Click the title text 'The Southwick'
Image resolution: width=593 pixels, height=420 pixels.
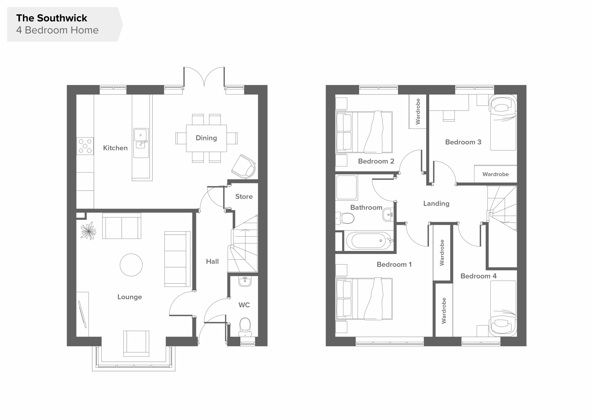coord(52,18)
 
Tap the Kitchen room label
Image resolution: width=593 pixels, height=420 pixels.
coord(115,148)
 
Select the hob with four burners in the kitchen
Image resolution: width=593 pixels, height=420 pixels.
coord(85,146)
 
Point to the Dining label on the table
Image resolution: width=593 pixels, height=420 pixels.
coord(206,138)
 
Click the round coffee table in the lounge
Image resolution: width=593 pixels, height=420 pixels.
coord(131,265)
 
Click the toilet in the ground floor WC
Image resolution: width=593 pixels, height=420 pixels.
coord(245,327)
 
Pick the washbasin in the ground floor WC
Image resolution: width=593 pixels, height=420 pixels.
coord(245,281)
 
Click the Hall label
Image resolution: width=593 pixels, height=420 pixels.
coord(212,261)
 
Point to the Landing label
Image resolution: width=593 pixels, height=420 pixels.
coord(436,204)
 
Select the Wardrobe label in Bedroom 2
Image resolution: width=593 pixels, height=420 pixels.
coord(418,111)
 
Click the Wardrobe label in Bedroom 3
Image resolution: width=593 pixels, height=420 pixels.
coord(495,174)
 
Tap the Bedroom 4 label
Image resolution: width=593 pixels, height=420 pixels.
coord(478,276)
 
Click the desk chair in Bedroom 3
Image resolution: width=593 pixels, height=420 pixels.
coord(449,116)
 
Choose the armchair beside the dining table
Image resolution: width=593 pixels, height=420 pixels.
coord(243,167)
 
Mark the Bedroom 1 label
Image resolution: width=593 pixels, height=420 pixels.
coord(394,264)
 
